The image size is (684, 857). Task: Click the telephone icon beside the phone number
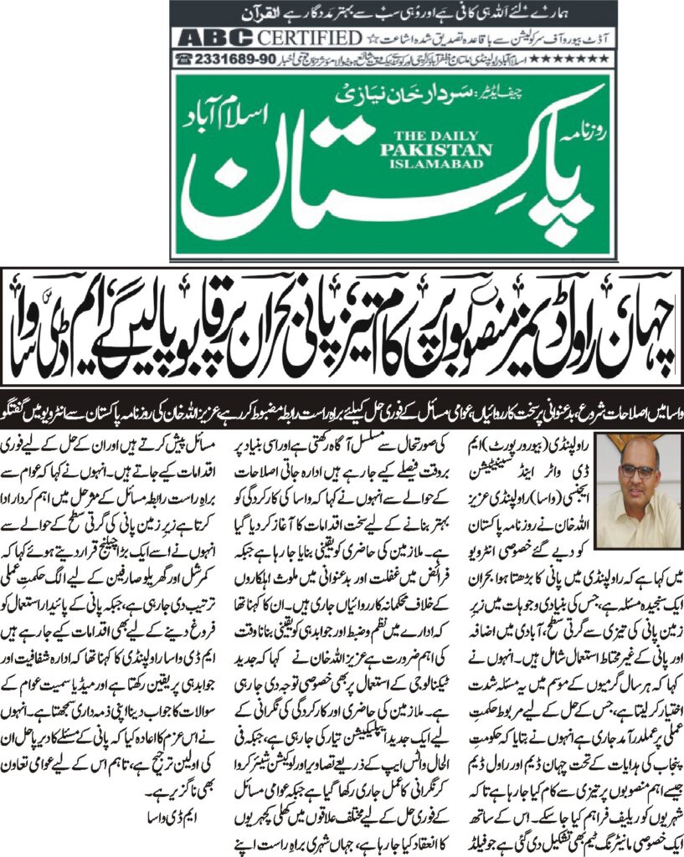[183, 59]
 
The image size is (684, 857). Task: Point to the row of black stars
[586, 59]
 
